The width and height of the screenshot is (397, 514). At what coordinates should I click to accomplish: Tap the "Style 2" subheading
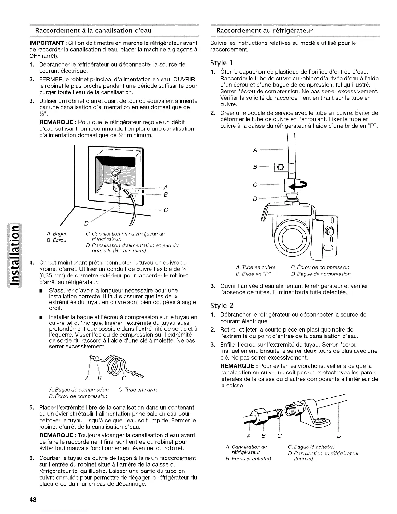(x=222, y=306)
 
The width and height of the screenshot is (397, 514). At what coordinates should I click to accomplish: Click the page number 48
(x=32, y=500)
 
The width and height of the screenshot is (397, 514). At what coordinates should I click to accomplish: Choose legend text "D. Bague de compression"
(x=320, y=274)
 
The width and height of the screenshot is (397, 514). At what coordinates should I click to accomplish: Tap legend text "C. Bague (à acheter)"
(x=311, y=447)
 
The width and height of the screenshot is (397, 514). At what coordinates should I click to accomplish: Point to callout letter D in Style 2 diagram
(x=339, y=435)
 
